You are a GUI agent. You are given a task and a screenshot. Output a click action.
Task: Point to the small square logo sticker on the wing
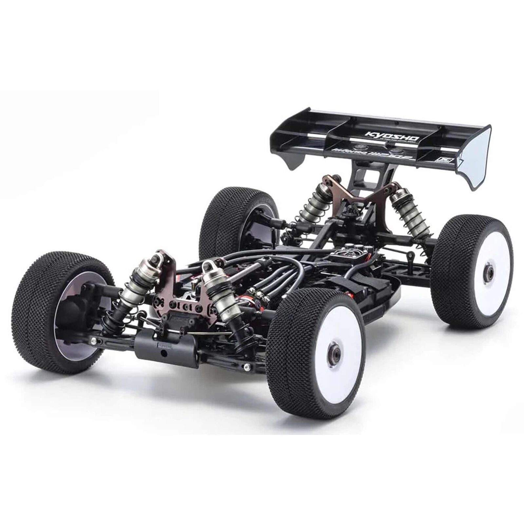pos(439,160)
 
